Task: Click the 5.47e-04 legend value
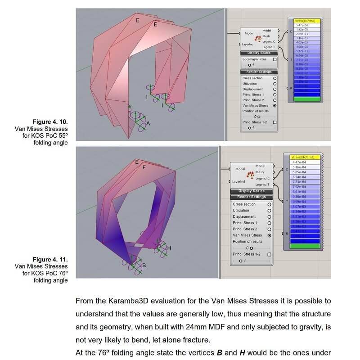(302, 25)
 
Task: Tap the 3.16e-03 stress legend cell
(302, 38)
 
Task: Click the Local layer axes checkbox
(274, 59)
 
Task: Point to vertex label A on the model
(148, 123)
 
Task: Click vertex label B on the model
(144, 265)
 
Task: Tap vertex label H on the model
(169, 248)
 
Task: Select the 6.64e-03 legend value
(302, 55)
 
